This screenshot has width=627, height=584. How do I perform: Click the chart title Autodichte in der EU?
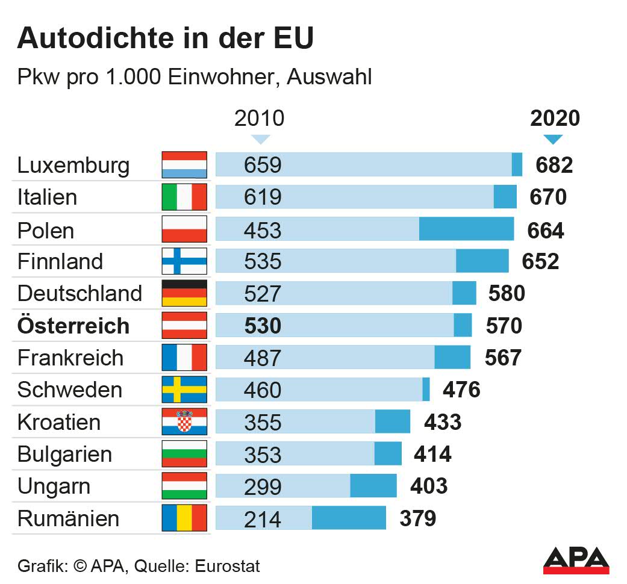click(165, 38)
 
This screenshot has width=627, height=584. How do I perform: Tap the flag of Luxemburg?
click(184, 164)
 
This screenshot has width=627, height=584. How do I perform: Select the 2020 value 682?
click(554, 165)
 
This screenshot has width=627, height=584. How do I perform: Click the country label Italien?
click(47, 197)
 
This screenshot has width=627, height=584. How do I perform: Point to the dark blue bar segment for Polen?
click(466, 229)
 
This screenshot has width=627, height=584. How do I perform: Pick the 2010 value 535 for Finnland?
click(263, 261)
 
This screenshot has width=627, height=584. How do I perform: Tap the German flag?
click(184, 293)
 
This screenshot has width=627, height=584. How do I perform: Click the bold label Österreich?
click(73, 326)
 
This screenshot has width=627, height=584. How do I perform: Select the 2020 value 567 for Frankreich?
click(503, 358)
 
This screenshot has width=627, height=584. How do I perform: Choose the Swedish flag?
click(184, 390)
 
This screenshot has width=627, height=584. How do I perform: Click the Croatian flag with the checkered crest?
click(184, 421)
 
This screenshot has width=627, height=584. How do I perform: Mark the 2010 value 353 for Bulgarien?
click(263, 454)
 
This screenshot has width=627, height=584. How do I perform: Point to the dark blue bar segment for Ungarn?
click(373, 486)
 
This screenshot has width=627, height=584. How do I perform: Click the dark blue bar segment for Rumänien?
click(349, 518)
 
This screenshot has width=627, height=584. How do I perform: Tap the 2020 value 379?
click(417, 518)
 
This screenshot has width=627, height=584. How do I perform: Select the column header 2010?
click(259, 118)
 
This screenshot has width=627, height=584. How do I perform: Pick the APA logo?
click(576, 561)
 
